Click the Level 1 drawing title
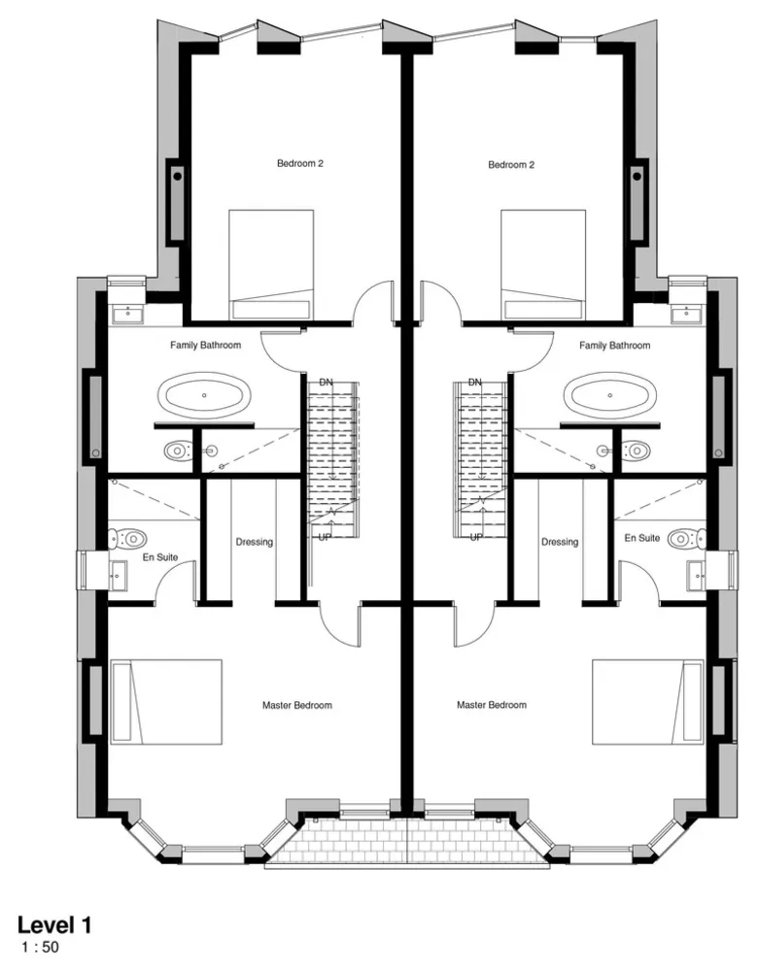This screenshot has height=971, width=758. tap(54, 924)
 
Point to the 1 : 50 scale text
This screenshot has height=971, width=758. tap(40, 946)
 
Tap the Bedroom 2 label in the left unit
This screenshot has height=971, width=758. tap(299, 165)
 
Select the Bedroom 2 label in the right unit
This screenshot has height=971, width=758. tap(511, 166)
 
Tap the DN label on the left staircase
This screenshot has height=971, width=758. tap(327, 383)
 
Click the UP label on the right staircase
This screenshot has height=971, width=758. tap(476, 537)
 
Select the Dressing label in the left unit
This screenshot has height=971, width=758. tap(255, 542)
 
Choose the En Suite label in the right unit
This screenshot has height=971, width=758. tap(642, 538)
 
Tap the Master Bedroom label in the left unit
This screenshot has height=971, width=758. tap(297, 705)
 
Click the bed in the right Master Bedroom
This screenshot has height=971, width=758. tap(647, 703)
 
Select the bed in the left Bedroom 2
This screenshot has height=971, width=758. tap(271, 263)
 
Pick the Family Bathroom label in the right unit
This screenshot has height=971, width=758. tap(614, 346)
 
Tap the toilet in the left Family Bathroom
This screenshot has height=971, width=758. tap(177, 450)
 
